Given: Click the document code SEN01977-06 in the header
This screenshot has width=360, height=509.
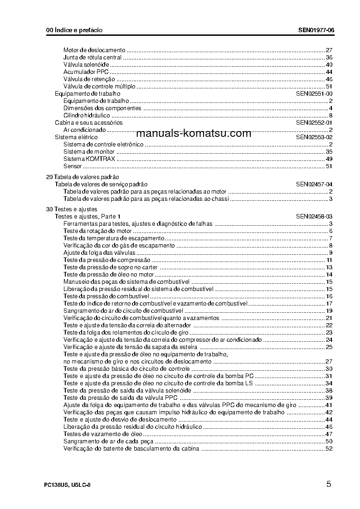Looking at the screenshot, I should pyautogui.click(x=316, y=30).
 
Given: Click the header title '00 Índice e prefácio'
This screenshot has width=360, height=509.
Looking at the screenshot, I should pyautogui.click(x=74, y=30).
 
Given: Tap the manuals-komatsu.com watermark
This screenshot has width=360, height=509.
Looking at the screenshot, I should pyautogui.click(x=194, y=133).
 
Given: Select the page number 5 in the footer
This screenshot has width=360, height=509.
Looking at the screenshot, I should pyautogui.click(x=328, y=484).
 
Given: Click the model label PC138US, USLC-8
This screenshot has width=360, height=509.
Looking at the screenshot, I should pyautogui.click(x=68, y=485).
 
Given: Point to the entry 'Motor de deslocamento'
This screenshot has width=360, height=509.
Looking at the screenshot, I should pyautogui.click(x=94, y=50).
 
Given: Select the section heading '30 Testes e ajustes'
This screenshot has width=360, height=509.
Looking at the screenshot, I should pyautogui.click(x=72, y=209).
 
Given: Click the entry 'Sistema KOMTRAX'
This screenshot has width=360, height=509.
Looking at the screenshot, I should pyautogui.click(x=89, y=159).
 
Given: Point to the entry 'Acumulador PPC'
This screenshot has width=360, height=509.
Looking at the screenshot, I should pyautogui.click(x=86, y=72).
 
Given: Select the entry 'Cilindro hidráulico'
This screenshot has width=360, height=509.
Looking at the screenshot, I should pyautogui.click(x=86, y=115).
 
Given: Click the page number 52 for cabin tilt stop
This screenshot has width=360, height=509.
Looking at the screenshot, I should pyautogui.click(x=329, y=449).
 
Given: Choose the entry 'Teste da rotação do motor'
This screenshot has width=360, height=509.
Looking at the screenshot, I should pyautogui.click(x=91, y=231).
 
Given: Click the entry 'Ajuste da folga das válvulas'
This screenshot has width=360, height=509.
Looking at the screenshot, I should pyautogui.click(x=99, y=253).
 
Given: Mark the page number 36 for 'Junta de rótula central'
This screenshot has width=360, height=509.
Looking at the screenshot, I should pyautogui.click(x=329, y=57).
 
